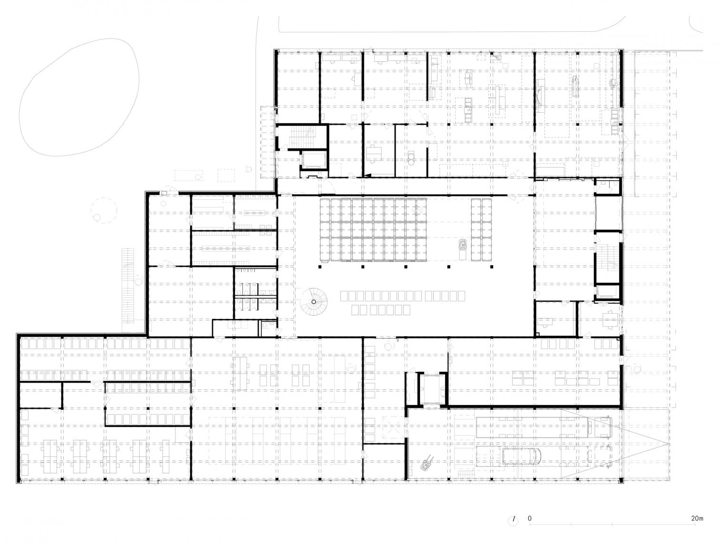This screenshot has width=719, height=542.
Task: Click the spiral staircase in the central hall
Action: point(313,301)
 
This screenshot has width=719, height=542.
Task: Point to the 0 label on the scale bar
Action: point(530,518)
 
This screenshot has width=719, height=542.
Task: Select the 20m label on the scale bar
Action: point(697,518)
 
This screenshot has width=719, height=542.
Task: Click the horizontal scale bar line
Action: point(612,524)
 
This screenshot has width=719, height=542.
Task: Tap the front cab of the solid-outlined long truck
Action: point(602,427)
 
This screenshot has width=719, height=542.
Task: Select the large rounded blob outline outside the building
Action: point(79,97)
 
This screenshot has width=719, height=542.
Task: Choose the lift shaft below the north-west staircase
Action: point(313,160)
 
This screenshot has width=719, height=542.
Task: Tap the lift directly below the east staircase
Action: point(608,292)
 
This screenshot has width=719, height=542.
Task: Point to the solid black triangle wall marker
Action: point(368,176)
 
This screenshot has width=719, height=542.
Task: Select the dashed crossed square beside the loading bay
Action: point(394,427)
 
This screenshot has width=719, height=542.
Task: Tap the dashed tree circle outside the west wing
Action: point(104,210)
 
